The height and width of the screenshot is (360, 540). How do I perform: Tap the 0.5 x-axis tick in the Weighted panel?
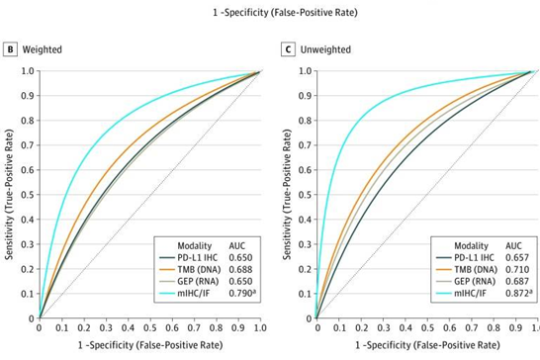[x=148, y=326]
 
